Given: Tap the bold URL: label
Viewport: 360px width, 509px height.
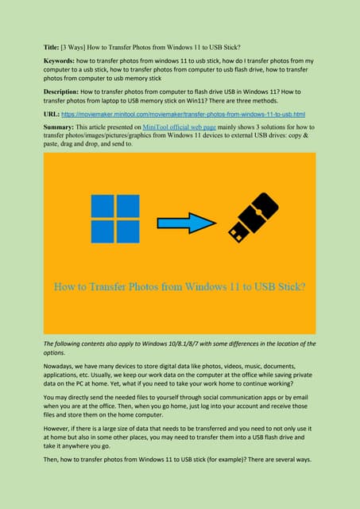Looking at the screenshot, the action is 51,116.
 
